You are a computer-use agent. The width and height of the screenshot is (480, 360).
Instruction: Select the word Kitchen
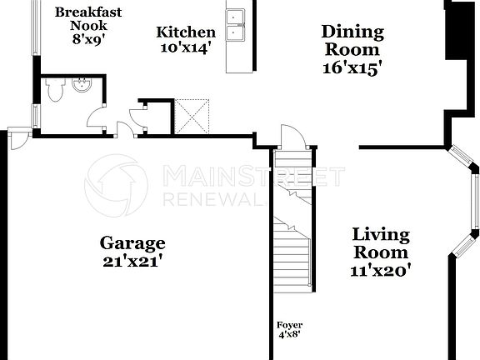(x=186, y=32)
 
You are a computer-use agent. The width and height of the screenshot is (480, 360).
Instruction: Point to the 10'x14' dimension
(x=186, y=47)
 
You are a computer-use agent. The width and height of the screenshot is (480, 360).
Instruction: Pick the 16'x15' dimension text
(x=352, y=69)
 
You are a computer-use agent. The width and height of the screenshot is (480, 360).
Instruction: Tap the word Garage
(x=132, y=243)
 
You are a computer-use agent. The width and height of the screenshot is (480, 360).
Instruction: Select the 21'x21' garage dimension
(x=132, y=260)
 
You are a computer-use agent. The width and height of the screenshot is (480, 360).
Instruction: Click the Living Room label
(x=380, y=243)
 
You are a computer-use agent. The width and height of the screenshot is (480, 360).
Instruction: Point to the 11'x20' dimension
(x=380, y=270)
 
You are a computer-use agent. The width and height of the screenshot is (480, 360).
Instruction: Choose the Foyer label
(x=289, y=325)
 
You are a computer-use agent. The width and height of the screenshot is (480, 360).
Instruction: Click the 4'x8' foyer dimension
(x=289, y=335)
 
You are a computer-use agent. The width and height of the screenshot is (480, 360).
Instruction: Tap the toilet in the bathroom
(x=54, y=91)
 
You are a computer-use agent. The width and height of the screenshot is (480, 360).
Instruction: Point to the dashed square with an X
(x=192, y=116)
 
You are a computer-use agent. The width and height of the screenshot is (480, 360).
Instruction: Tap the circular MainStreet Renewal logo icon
(x=117, y=185)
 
